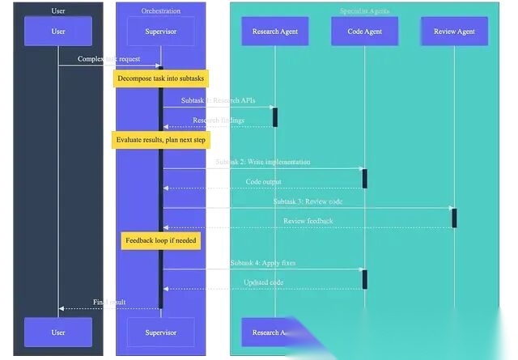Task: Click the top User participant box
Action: (58, 32)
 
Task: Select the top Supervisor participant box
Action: (160, 32)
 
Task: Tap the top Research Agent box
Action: (275, 32)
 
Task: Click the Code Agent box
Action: (364, 32)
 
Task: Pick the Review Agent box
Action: (454, 32)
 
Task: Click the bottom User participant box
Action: (58, 332)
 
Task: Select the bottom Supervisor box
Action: (160, 332)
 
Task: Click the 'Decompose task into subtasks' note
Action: (161, 78)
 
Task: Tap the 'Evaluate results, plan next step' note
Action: (160, 140)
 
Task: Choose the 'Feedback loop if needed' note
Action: (160, 240)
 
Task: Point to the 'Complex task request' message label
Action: (110, 59)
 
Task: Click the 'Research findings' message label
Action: (218, 121)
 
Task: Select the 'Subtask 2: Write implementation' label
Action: (262, 162)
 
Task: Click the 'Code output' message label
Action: (264, 182)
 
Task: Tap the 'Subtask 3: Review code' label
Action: (308, 201)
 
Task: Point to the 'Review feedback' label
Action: (308, 221)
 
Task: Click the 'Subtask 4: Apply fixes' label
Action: (263, 263)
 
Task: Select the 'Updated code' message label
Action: (263, 282)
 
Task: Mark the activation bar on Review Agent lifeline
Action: (454, 218)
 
